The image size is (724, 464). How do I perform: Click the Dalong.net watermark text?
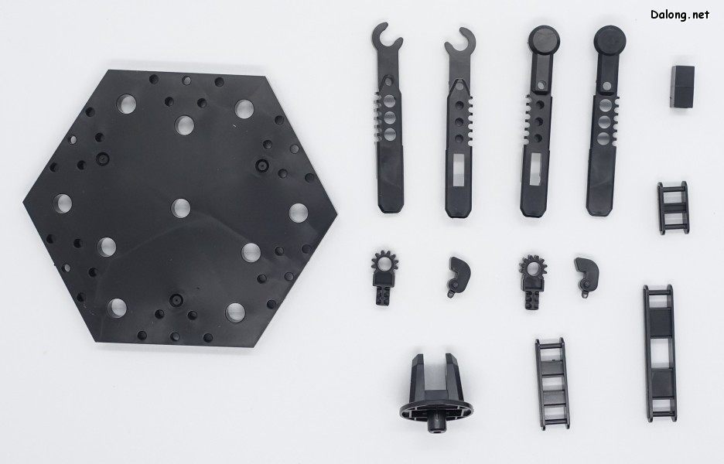[x=680, y=15]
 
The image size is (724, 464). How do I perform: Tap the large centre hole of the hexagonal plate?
[x=180, y=208]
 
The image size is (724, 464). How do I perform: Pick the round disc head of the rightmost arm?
[x=610, y=40]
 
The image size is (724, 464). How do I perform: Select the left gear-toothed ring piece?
[x=384, y=278]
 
